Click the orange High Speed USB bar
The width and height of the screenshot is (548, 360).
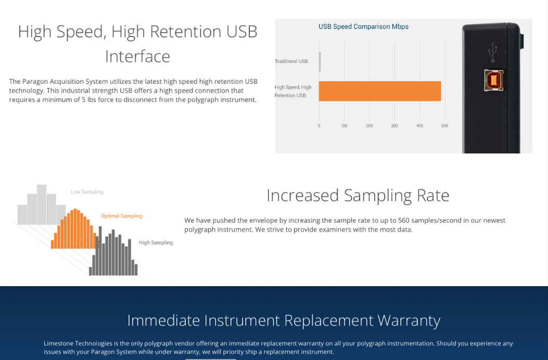click(380, 91)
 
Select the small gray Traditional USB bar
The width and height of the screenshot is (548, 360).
click(320, 61)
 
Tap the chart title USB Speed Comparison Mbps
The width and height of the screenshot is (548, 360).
click(363, 27)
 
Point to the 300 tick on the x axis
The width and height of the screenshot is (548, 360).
click(394, 126)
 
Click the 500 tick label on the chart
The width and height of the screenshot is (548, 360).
click(444, 126)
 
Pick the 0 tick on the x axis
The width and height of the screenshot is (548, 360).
click(318, 126)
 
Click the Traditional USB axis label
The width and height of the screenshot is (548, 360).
click(291, 61)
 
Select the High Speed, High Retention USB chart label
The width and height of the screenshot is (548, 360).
click(293, 91)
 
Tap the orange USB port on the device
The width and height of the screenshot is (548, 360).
click(493, 80)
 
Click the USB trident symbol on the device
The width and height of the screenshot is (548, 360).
click(493, 53)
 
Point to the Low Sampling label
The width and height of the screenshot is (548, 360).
click(87, 192)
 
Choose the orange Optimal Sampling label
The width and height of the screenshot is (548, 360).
click(122, 216)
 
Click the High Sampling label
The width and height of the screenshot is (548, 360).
click(156, 242)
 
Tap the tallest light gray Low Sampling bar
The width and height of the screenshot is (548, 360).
click(42, 204)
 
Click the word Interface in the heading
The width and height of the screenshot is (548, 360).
click(138, 57)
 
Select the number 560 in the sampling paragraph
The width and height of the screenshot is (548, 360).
click(404, 221)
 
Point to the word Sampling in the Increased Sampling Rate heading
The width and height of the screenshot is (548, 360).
click(378, 196)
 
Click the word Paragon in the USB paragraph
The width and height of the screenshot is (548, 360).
click(35, 82)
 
